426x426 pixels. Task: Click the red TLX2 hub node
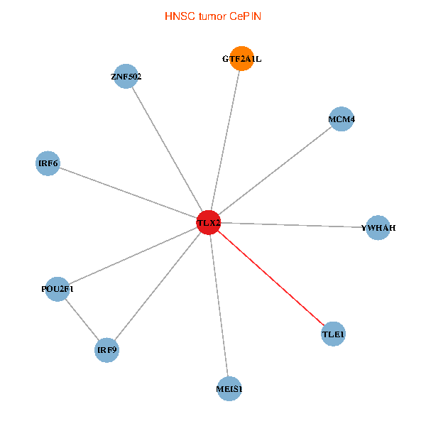pos(209,223)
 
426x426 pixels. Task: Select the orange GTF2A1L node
pos(241,60)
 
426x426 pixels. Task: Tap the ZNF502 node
pos(126,77)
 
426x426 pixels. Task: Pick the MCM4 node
pos(342,119)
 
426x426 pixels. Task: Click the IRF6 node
pos(48,164)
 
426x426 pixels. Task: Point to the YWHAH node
pos(378,228)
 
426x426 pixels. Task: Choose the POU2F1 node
pos(58,289)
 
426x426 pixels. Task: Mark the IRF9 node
pos(106,350)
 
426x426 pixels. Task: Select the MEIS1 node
pos(229,388)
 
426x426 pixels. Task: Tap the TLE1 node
pos(333,334)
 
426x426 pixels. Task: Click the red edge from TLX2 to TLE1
pos(271,278)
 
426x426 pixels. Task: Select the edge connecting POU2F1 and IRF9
pos(82,319)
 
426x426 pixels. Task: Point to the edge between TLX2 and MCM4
pos(275,171)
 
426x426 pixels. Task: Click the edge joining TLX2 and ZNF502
pos(167,150)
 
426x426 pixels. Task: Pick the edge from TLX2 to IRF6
pos(128,193)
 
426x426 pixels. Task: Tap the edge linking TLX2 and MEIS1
pos(219,305)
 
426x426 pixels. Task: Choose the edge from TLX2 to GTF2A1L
pos(225,141)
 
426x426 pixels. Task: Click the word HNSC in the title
pos(177,15)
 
